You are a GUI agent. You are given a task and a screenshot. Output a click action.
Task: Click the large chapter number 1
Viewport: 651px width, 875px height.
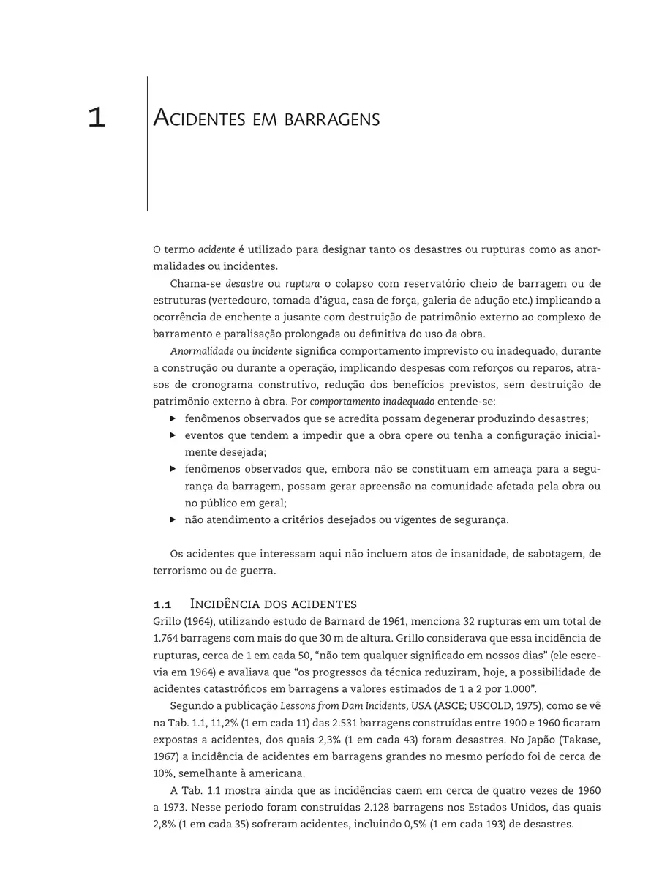[x=97, y=118]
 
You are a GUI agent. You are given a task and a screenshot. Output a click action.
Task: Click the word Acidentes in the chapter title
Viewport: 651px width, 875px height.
[x=195, y=119]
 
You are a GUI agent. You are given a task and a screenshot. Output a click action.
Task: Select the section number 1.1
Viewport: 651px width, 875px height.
[x=162, y=604]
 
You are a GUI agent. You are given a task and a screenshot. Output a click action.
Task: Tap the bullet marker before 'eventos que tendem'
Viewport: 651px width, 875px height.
[x=173, y=436]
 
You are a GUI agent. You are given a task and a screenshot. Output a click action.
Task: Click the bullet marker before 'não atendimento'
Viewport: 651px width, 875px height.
[x=173, y=520]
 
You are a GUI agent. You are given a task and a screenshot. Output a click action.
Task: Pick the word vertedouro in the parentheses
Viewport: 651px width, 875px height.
[x=241, y=300]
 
